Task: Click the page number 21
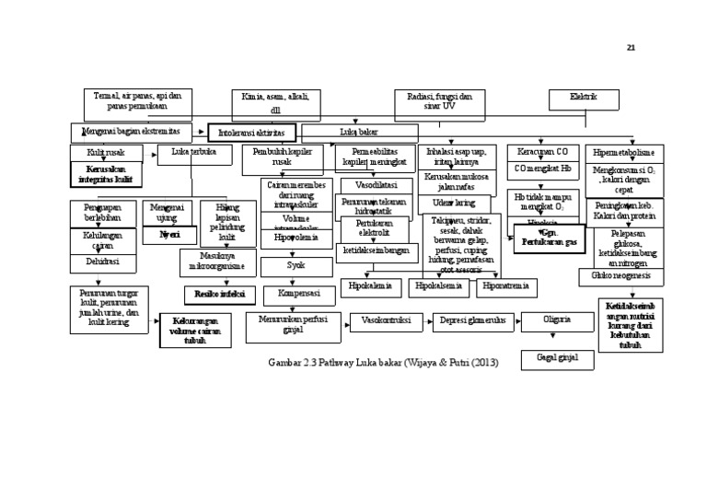tap(631, 48)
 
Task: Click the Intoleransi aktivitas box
tap(252, 133)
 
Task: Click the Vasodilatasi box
tap(375, 185)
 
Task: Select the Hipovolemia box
tap(296, 238)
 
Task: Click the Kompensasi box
tap(298, 295)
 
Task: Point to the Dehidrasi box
tap(102, 262)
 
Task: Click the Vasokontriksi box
tap(386, 321)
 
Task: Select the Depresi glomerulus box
tap(470, 321)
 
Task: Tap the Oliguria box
tap(555, 321)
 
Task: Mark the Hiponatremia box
tap(506, 287)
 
